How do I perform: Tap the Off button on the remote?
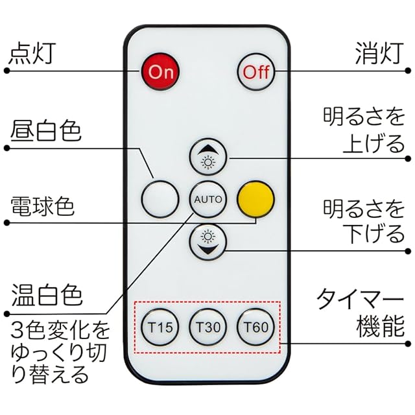coord(255,71)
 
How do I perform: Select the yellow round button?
coord(255,198)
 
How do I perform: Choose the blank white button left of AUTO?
coord(159,198)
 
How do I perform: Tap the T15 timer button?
coord(159,327)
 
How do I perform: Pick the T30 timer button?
coord(207,327)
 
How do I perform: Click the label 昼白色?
coord(45,132)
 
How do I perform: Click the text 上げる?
coord(373,143)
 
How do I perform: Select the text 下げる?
coord(373,234)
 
